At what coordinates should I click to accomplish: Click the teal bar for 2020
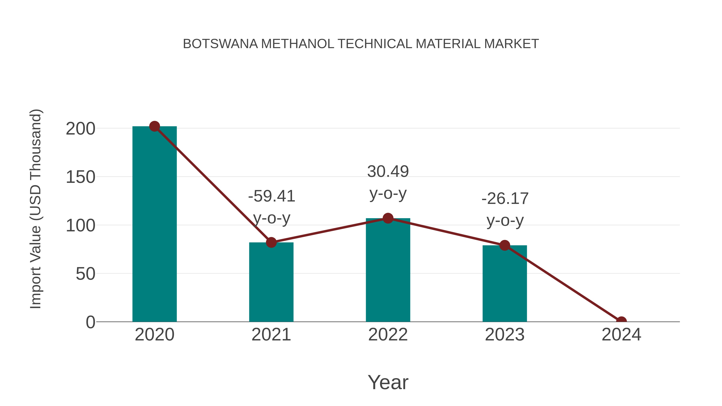[154, 224]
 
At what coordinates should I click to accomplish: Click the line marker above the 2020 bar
[154, 126]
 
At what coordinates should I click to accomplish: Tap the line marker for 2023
[505, 245]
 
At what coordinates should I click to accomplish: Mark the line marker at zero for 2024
[621, 321]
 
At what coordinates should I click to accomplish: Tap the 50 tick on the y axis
[85, 274]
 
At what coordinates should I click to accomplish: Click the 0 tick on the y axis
[90, 322]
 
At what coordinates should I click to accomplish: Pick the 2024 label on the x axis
[621, 335]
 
